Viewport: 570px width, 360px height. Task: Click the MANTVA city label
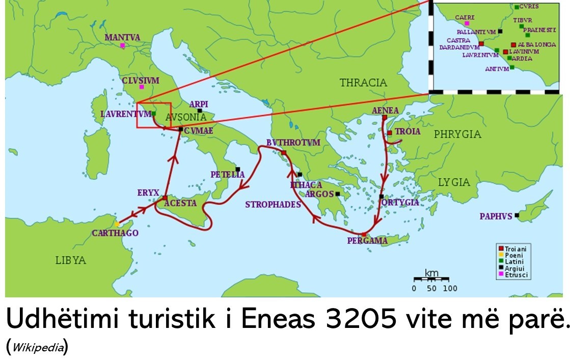[122, 37]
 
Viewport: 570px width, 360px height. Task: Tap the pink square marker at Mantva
[122, 46]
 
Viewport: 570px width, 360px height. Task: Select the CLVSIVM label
[141, 80]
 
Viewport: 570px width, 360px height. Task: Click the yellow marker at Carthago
[117, 224]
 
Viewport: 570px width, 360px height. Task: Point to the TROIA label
[408, 131]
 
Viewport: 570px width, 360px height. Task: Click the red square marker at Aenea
[385, 118]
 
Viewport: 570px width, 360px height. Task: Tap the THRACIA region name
[363, 82]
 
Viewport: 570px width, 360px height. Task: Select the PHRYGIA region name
[457, 134]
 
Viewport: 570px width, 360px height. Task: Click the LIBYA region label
[70, 260]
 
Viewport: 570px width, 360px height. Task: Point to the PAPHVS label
[496, 216]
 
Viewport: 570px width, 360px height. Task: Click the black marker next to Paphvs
[517, 215]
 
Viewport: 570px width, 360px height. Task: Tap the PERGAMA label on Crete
[367, 241]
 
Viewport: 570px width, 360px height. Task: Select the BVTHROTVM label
[293, 143]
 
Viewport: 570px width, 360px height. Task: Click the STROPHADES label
[273, 204]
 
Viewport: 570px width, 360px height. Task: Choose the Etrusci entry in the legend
[516, 274]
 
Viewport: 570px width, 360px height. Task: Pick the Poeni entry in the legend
[513, 255]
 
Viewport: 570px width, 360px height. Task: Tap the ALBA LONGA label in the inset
[536, 45]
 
